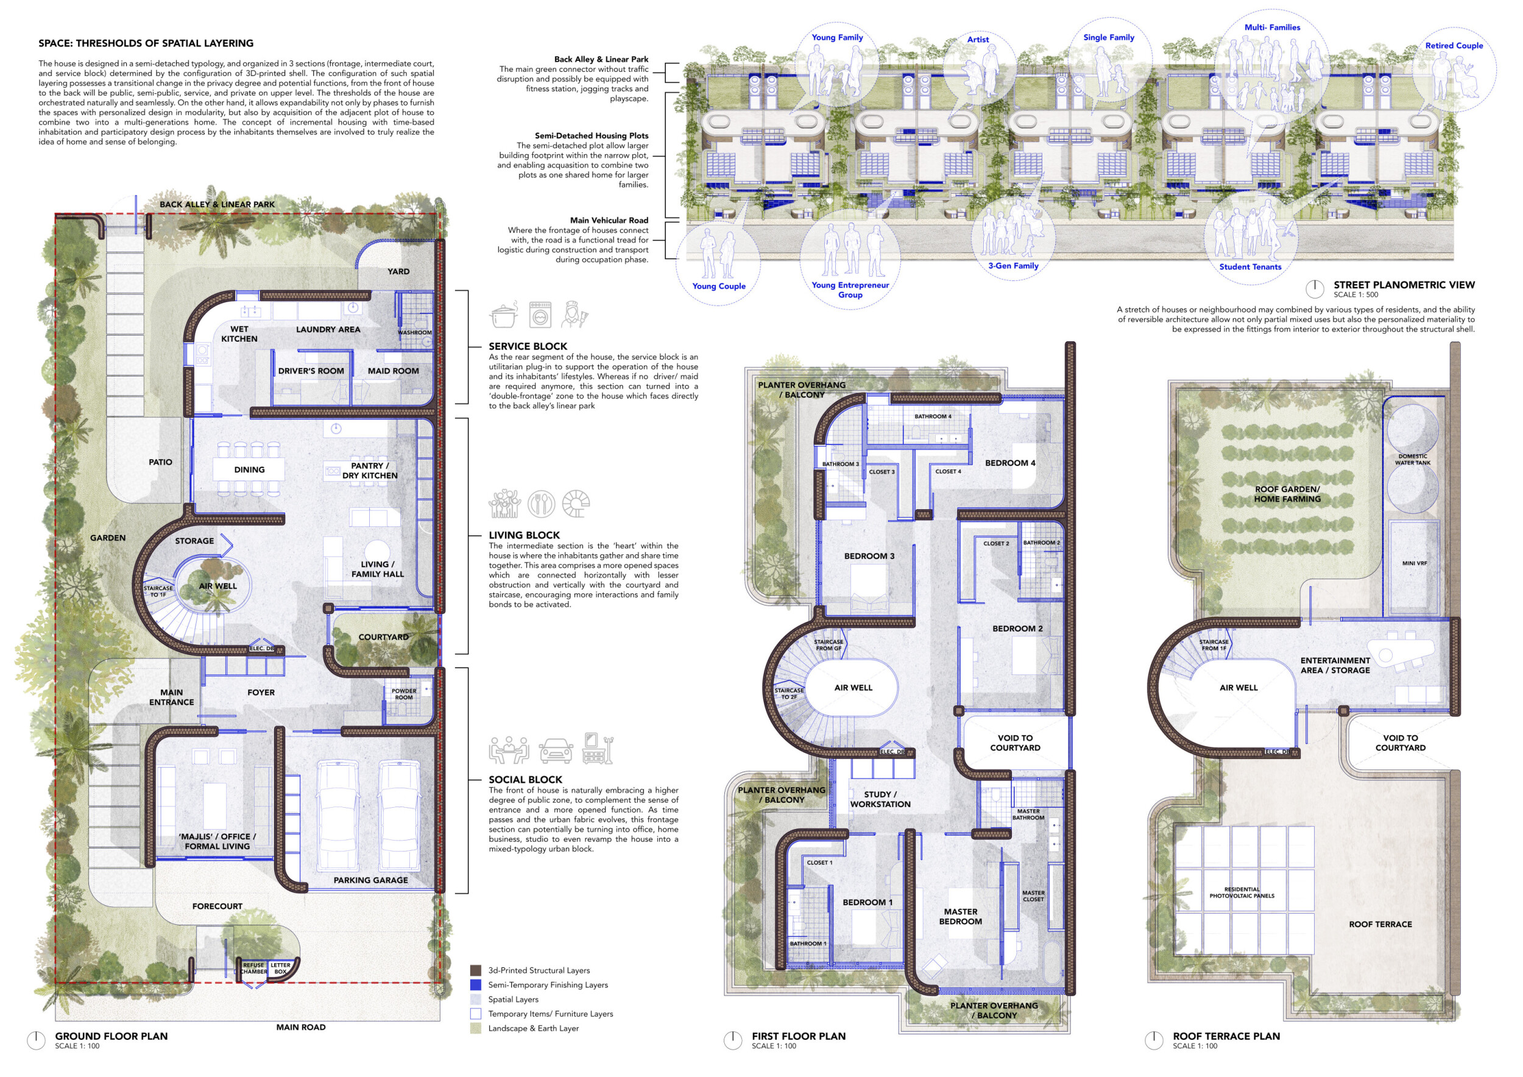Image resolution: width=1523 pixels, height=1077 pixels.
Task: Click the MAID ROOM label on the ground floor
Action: [x=394, y=371]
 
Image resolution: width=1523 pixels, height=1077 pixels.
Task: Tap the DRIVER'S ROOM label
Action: [x=311, y=371]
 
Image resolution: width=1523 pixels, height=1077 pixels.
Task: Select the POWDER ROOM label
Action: [x=404, y=694]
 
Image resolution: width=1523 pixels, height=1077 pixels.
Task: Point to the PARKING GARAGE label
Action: [x=371, y=880]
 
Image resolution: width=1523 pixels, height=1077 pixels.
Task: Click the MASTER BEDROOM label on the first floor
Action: [x=961, y=917]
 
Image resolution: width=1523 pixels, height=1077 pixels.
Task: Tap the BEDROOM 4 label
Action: [x=1009, y=463]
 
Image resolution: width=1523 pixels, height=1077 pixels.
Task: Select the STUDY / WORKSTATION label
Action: [x=880, y=799]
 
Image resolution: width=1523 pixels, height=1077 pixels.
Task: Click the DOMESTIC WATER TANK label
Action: [x=1413, y=459]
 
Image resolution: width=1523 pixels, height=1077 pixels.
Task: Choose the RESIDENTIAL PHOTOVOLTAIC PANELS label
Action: [x=1242, y=892]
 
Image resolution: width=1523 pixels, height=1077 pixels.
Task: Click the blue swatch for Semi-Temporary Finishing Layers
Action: [x=476, y=985]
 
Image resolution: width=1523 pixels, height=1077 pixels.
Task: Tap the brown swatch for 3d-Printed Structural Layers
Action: [x=476, y=970]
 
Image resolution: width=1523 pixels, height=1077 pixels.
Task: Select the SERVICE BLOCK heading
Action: [x=528, y=346]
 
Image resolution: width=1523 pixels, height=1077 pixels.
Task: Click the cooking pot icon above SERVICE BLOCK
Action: [x=504, y=315]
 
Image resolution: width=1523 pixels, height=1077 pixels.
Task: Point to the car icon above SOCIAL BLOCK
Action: [x=556, y=750]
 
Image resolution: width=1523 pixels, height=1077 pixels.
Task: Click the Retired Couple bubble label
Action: [x=1454, y=46]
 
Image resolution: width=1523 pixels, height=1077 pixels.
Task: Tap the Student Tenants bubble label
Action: [x=1250, y=267]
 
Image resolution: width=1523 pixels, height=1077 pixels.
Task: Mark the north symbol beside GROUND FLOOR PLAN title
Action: [x=37, y=1040]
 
